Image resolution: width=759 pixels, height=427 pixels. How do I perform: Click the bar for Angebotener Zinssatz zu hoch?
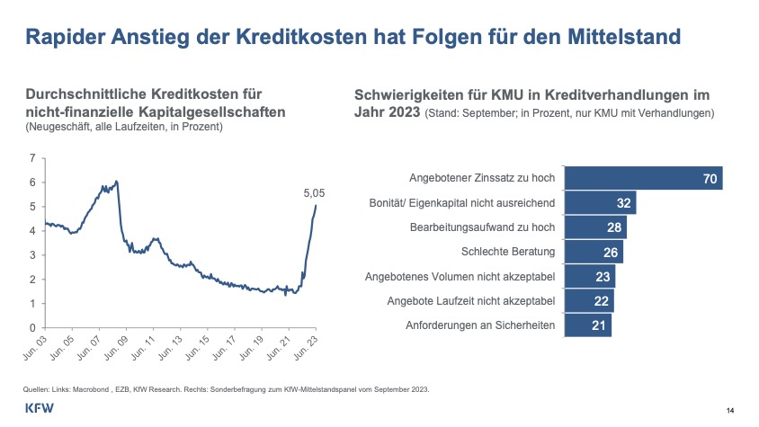(x=642, y=178)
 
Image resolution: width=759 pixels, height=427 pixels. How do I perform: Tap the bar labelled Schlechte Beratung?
(x=593, y=251)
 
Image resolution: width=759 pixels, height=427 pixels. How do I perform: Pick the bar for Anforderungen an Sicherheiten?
(x=587, y=324)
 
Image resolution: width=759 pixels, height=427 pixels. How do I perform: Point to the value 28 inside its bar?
(x=614, y=227)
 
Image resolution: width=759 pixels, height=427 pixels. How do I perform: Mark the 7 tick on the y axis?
(x=32, y=158)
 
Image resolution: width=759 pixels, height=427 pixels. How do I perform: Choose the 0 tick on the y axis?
(x=32, y=328)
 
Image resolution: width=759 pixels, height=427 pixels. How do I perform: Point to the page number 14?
(x=729, y=411)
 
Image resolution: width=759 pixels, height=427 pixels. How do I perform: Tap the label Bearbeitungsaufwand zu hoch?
(x=482, y=227)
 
